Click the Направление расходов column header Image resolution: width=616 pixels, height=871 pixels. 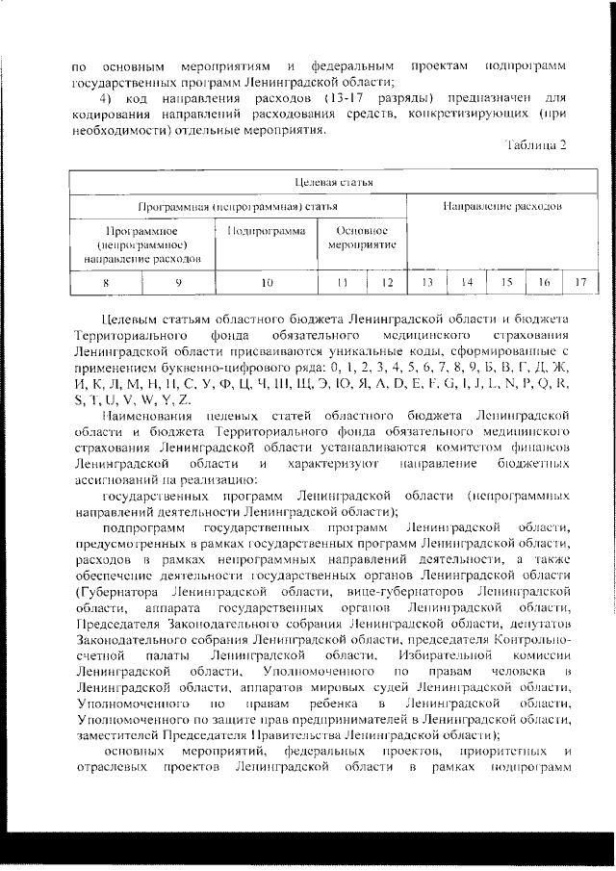(x=501, y=206)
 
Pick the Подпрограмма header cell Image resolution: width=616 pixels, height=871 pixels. (x=268, y=231)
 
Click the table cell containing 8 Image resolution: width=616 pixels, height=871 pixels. (x=106, y=282)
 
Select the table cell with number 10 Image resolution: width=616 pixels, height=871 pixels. (x=268, y=282)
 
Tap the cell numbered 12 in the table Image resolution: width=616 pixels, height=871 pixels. (x=387, y=282)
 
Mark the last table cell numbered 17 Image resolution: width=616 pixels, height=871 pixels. (x=579, y=282)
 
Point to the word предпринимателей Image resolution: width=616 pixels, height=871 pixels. (x=381, y=718)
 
